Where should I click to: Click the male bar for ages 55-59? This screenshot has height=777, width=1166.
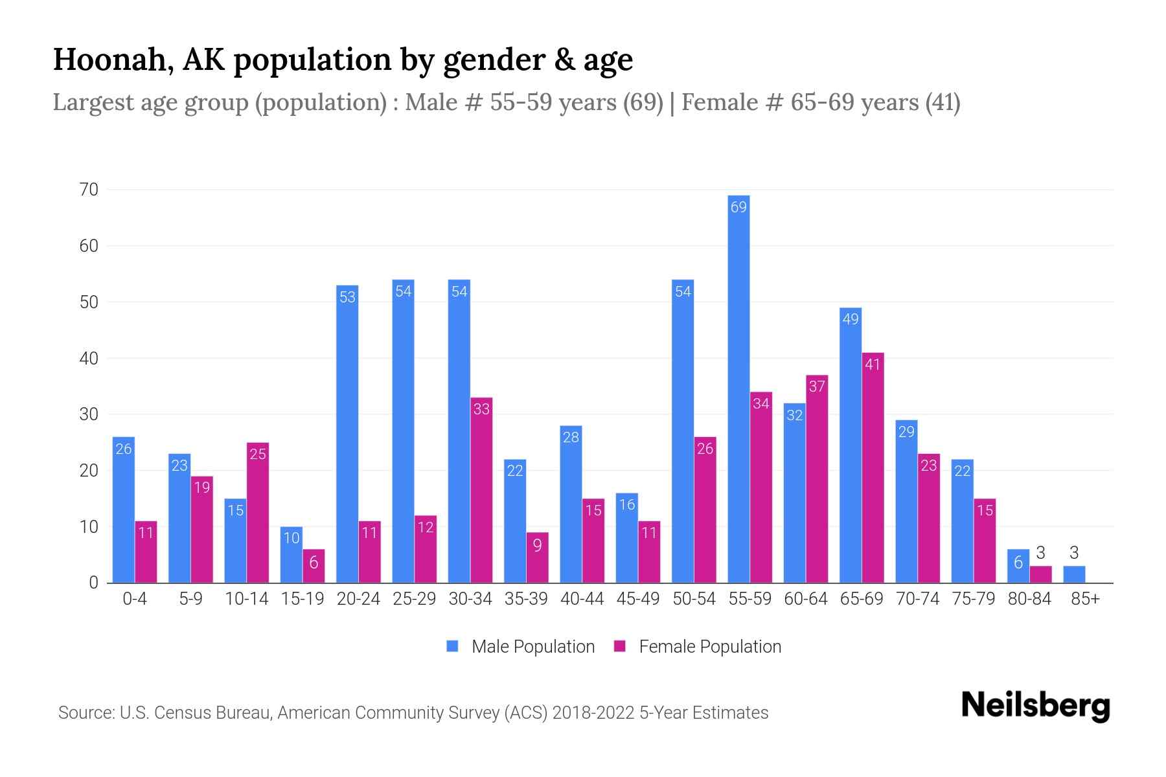click(x=738, y=388)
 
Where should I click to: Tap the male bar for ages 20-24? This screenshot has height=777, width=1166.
click(x=347, y=434)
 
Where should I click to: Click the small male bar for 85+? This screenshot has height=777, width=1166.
click(x=1074, y=575)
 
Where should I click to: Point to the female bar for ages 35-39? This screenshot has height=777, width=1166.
click(x=537, y=557)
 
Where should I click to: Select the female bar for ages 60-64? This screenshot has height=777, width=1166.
click(x=817, y=479)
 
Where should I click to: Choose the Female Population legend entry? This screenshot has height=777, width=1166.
click(x=698, y=646)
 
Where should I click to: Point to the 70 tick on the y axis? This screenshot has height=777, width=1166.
click(x=89, y=190)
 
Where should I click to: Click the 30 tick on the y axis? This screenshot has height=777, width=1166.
click(x=89, y=414)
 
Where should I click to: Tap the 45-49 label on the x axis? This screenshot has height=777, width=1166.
click(x=638, y=599)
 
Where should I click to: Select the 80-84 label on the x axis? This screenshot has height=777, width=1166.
click(x=1029, y=599)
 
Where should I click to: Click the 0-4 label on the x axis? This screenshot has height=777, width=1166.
click(x=135, y=599)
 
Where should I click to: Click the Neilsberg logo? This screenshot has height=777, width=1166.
click(x=1035, y=706)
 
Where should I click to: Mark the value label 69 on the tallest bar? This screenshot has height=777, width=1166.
click(x=738, y=207)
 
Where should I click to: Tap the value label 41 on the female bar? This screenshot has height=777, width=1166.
click(x=873, y=365)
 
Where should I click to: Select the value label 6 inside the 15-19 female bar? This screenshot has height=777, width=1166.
click(x=314, y=562)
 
